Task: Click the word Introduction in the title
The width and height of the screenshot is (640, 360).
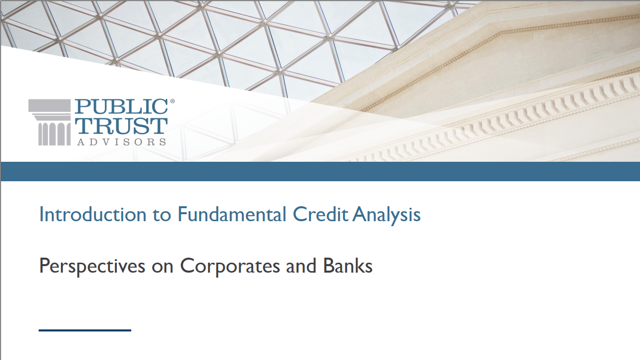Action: [x=93, y=214]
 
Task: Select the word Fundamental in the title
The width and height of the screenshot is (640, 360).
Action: [x=232, y=214]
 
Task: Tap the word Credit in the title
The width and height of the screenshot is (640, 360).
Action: [x=320, y=214]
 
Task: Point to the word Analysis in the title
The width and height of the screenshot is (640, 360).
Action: [x=386, y=215]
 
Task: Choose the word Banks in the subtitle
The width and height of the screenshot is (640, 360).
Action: [x=348, y=266]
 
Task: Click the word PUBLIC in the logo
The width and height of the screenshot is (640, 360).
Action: [x=121, y=106]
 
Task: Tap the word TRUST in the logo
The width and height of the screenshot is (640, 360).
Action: [x=121, y=126]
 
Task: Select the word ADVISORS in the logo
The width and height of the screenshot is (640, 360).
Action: [x=121, y=142]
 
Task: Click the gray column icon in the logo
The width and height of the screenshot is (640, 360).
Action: [x=50, y=122]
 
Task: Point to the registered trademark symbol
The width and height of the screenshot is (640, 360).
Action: [x=172, y=101]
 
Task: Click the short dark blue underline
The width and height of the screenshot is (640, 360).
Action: [x=85, y=330]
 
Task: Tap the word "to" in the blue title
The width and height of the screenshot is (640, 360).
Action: [x=162, y=215]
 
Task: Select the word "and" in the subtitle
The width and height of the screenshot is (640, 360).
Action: [x=301, y=266]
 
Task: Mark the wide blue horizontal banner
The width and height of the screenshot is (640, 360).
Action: [x=320, y=171]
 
